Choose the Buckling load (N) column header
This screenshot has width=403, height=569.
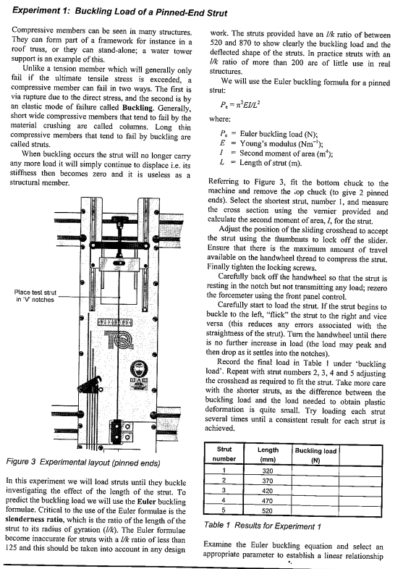tap(315, 454)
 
